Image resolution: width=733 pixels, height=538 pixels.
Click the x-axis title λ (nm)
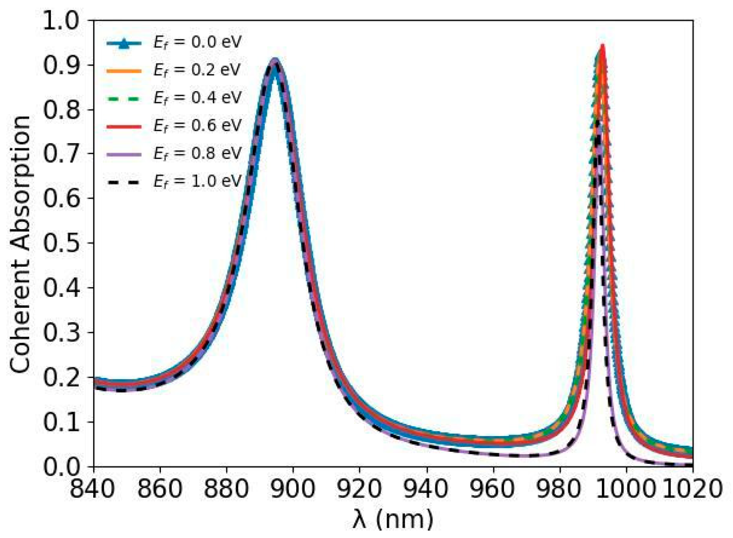pos(393,519)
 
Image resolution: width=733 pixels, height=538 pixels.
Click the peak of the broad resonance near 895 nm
pos(275,61)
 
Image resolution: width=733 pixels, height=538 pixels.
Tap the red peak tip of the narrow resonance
pos(602,46)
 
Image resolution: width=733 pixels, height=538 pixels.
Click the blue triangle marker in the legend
pos(123,44)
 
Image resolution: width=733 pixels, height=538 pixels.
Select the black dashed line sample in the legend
pos(123,182)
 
